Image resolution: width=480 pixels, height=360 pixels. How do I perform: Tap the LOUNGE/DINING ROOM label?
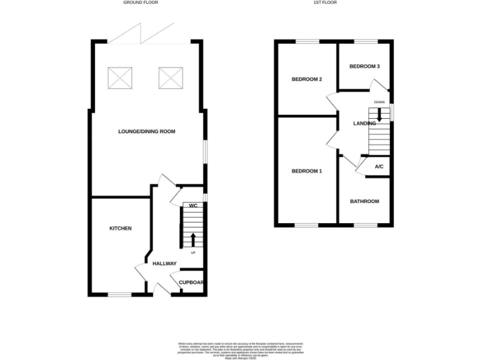pyautogui.click(x=147, y=132)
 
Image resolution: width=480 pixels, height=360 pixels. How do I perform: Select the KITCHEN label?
pyautogui.click(x=121, y=229)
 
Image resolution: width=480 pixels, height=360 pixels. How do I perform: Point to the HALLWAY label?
pyautogui.click(x=164, y=264)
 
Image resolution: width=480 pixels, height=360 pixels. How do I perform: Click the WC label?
pyautogui.click(x=193, y=206)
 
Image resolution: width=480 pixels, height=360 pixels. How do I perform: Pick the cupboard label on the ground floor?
pyautogui.click(x=191, y=282)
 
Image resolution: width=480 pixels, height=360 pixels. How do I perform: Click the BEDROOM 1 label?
pyautogui.click(x=307, y=171)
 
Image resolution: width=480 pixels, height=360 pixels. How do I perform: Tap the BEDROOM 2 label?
pyautogui.click(x=307, y=80)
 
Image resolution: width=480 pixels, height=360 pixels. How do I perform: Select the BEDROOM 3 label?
pyautogui.click(x=364, y=66)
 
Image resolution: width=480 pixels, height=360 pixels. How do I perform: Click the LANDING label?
pyautogui.click(x=364, y=124)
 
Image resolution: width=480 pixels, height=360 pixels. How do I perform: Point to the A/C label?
pyautogui.click(x=379, y=167)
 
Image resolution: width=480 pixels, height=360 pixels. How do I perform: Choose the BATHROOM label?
pyautogui.click(x=364, y=201)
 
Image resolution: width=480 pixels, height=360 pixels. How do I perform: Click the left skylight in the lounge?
pyautogui.click(x=121, y=78)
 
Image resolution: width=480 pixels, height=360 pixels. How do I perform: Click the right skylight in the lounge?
pyautogui.click(x=170, y=78)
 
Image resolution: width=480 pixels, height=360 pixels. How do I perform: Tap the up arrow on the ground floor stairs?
pyautogui.click(x=193, y=239)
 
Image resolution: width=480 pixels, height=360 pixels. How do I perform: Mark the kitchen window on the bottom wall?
pyautogui.click(x=119, y=294)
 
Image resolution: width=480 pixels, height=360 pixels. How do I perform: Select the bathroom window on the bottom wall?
pyautogui.click(x=364, y=225)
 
